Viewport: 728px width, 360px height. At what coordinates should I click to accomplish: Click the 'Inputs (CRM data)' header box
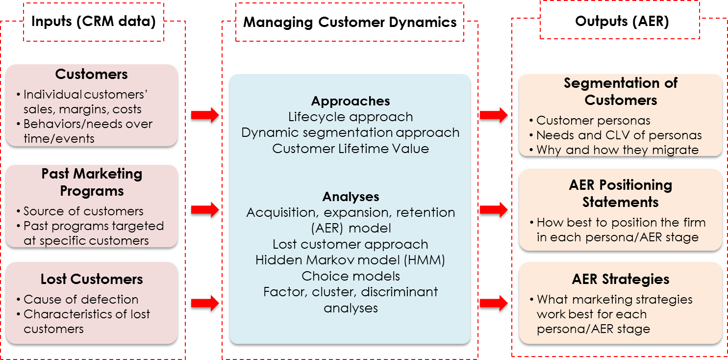pyautogui.click(x=93, y=22)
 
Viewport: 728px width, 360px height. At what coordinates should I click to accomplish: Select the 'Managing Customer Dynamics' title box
pyautogui.click(x=350, y=22)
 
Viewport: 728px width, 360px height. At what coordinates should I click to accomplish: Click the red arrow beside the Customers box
pyautogui.click(x=205, y=116)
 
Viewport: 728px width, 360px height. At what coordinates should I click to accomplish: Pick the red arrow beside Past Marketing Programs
pyautogui.click(x=205, y=210)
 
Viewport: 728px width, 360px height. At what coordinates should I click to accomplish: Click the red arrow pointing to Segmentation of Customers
pyautogui.click(x=494, y=116)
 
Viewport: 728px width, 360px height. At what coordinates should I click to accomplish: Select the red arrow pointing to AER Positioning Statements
pyautogui.click(x=494, y=210)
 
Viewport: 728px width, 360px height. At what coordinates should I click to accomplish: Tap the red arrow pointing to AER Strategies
pyautogui.click(x=494, y=303)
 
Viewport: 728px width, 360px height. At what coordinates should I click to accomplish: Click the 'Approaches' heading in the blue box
pyautogui.click(x=351, y=101)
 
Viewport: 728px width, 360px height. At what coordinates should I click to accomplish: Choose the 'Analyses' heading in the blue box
pyautogui.click(x=351, y=197)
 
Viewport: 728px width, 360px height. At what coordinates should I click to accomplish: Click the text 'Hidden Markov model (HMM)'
pyautogui.click(x=351, y=260)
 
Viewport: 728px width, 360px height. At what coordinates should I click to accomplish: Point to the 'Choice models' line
pyautogui.click(x=351, y=276)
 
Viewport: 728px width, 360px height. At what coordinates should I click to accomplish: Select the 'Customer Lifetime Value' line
pyautogui.click(x=351, y=149)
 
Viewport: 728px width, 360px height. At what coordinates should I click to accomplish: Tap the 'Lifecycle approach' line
pyautogui.click(x=351, y=117)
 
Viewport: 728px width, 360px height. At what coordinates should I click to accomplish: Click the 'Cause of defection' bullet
pyautogui.click(x=81, y=299)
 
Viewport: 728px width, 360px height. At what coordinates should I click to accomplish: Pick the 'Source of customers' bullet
pyautogui.click(x=83, y=211)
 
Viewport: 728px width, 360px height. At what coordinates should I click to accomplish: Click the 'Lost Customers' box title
pyautogui.click(x=92, y=279)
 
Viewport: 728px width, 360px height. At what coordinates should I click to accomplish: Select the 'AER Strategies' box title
pyautogui.click(x=620, y=279)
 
